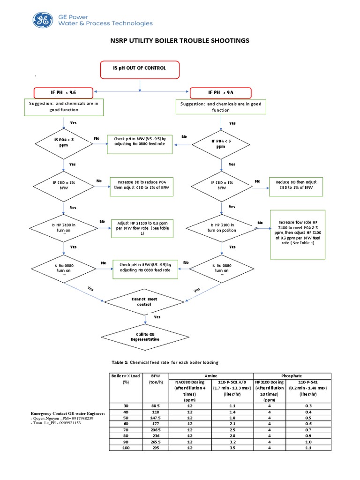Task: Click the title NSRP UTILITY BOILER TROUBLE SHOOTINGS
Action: [x=180, y=41]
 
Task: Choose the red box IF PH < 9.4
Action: [x=220, y=92]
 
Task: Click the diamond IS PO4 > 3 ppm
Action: [x=63, y=142]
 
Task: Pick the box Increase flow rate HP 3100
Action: [x=297, y=233]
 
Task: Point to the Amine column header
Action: [x=210, y=376]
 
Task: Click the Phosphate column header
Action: [x=292, y=376]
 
